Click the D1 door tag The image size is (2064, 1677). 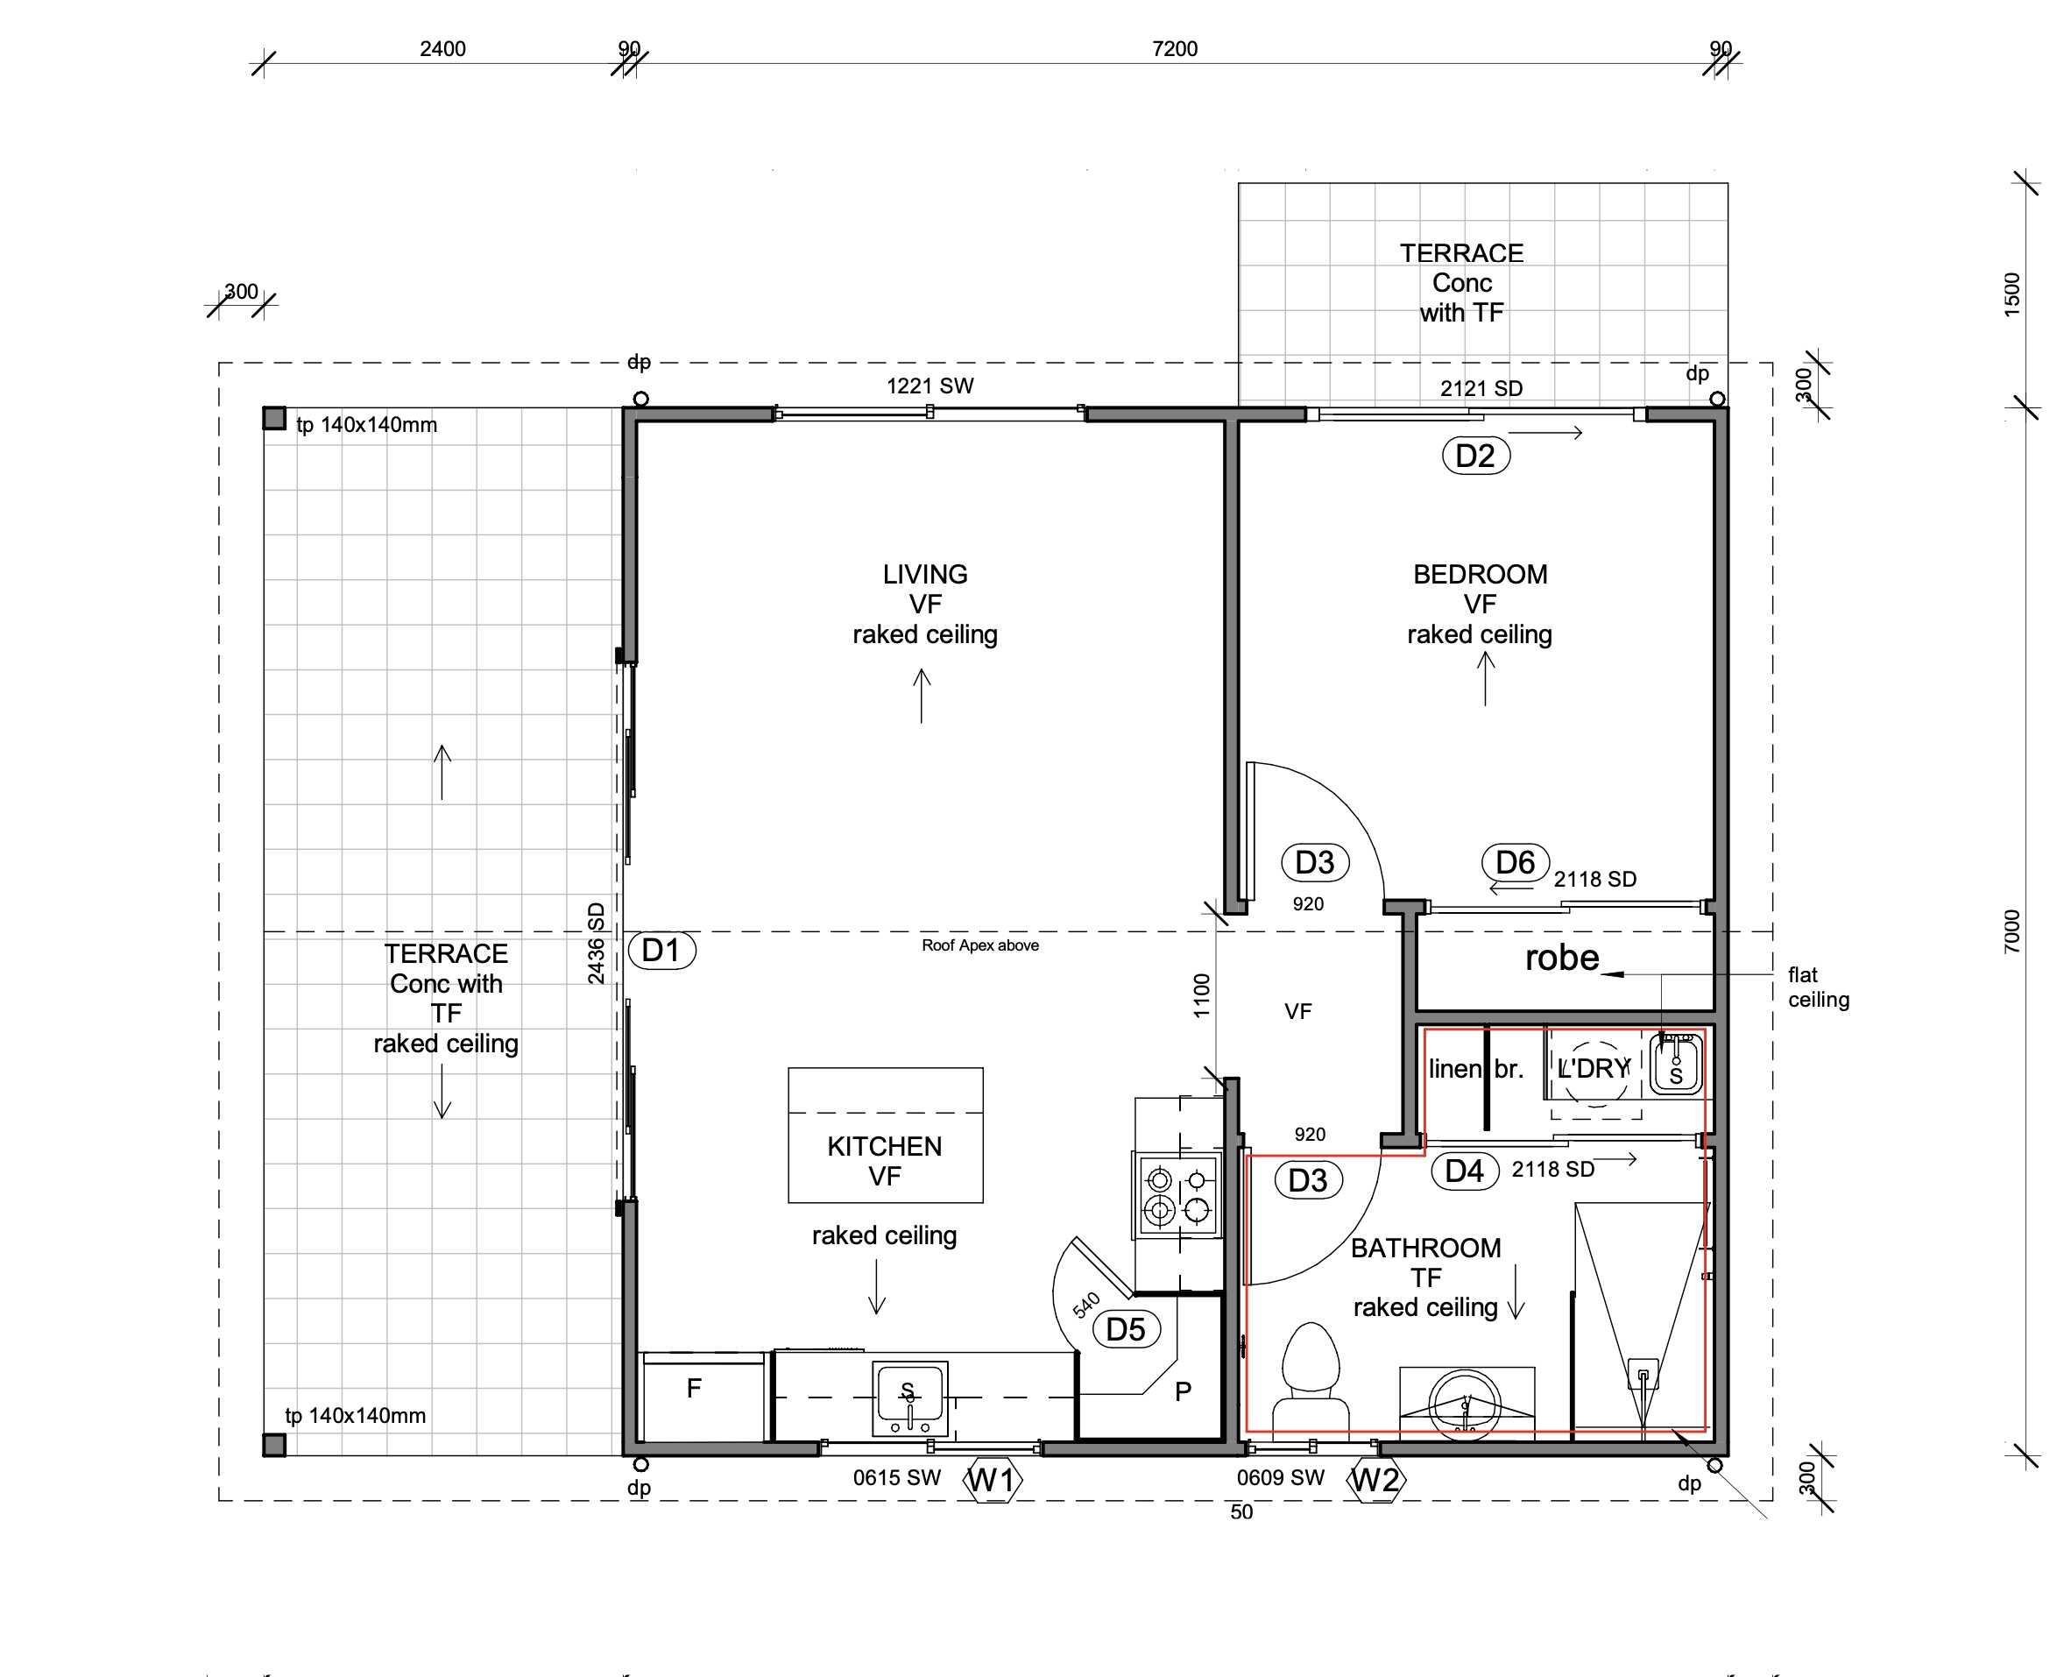[661, 951]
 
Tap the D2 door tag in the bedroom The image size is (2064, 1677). [1476, 456]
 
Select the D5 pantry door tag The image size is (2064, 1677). [1126, 1329]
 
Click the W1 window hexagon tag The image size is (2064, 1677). [993, 1480]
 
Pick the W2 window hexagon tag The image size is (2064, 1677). [1377, 1480]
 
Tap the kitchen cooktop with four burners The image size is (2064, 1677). [1177, 1194]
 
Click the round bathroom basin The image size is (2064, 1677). [1465, 1403]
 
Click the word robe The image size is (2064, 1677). [1562, 958]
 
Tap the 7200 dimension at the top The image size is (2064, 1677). [1175, 49]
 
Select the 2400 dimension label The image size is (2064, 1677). [442, 49]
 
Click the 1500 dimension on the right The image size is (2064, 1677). [2011, 294]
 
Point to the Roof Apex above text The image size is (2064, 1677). [980, 945]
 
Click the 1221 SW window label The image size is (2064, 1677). [930, 386]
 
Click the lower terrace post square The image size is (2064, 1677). [274, 1445]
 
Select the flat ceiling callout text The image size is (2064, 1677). [1819, 987]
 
